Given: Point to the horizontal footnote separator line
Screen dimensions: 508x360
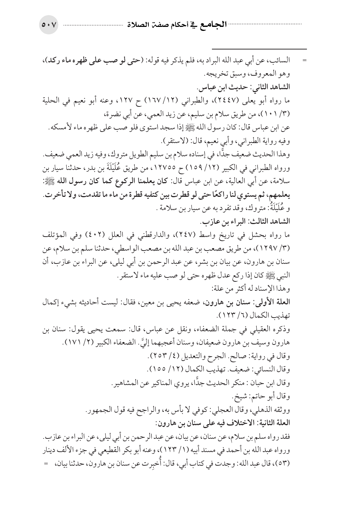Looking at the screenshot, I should pyautogui.click(x=259, y=49).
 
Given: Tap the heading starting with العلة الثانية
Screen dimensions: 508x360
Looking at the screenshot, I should pyautogui.click(x=226, y=422).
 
